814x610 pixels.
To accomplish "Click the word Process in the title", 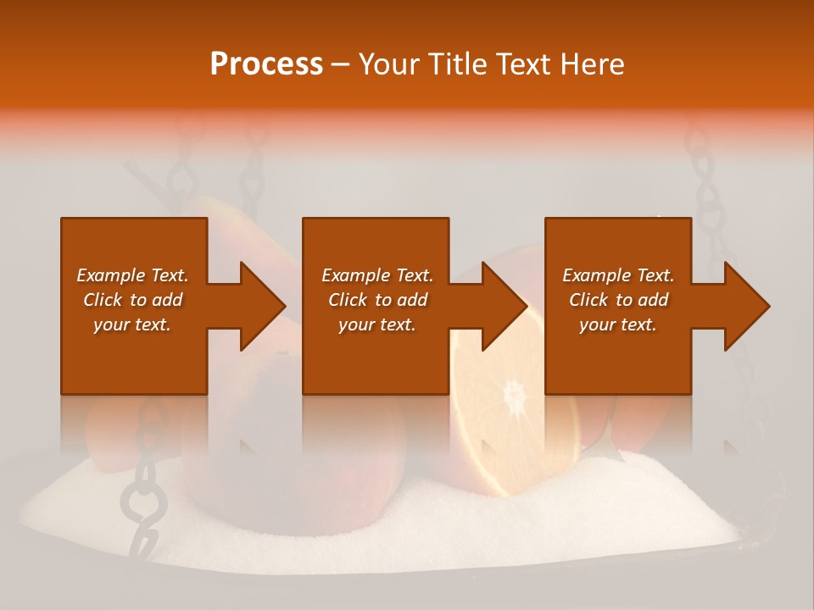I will (266, 64).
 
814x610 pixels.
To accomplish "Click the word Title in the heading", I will (459, 64).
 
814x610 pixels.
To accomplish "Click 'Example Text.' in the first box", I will (133, 275).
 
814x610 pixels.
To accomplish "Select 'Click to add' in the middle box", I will (377, 300).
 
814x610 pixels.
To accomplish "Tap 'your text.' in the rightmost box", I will (618, 324).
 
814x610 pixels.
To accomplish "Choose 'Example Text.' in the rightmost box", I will (618, 275).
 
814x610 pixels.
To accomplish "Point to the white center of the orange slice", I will (513, 395).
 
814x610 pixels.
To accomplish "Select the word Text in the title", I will (522, 64).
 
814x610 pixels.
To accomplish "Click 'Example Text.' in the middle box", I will (377, 275).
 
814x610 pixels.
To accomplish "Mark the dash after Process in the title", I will (341, 65).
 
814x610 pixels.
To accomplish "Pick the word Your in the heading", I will (391, 64).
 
